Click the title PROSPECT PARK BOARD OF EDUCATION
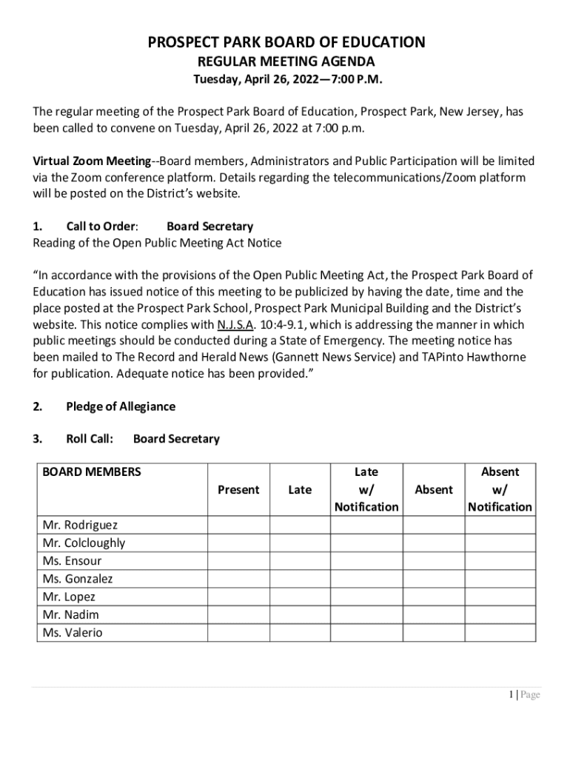coord(286,42)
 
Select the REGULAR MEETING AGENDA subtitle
coord(286,61)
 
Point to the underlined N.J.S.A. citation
coord(235,324)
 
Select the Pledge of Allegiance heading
coord(121,406)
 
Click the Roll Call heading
coord(90,439)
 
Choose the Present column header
coord(238,489)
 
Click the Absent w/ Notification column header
coord(500,489)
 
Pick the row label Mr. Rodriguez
coord(80,525)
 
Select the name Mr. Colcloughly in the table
coord(84,543)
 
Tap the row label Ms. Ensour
coord(72,560)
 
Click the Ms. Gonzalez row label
coord(78,579)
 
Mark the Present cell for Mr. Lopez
coord(238,597)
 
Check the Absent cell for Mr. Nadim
coord(434,614)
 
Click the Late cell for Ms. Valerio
coord(299,633)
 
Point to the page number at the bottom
coord(523,694)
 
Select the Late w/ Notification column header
coord(366,489)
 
